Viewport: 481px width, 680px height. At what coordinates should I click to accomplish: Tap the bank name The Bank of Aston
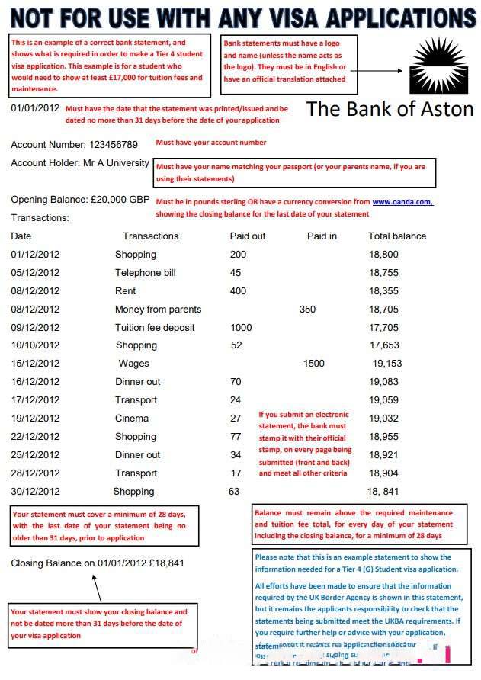coord(390,109)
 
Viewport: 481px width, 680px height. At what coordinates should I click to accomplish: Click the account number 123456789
coord(114,144)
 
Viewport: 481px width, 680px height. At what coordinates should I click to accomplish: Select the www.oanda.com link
coord(402,201)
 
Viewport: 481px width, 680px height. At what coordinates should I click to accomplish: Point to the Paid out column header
coord(248,236)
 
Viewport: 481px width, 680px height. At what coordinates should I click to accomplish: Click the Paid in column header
coord(322,236)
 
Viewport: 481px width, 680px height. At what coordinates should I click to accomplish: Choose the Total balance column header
coord(397,236)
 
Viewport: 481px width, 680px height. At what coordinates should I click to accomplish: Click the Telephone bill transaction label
coord(146,273)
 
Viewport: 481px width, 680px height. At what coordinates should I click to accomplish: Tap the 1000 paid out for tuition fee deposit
coord(241,328)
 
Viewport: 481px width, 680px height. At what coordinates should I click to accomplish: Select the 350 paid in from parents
coord(307,310)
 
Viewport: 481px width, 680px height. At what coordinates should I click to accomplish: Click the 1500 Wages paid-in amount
coord(313,364)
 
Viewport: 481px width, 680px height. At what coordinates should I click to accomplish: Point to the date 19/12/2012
coord(35,419)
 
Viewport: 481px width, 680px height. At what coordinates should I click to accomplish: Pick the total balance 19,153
coord(387,364)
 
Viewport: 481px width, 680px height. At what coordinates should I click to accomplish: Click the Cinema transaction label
coord(132,419)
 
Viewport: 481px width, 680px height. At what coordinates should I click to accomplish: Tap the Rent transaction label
coord(126,291)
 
